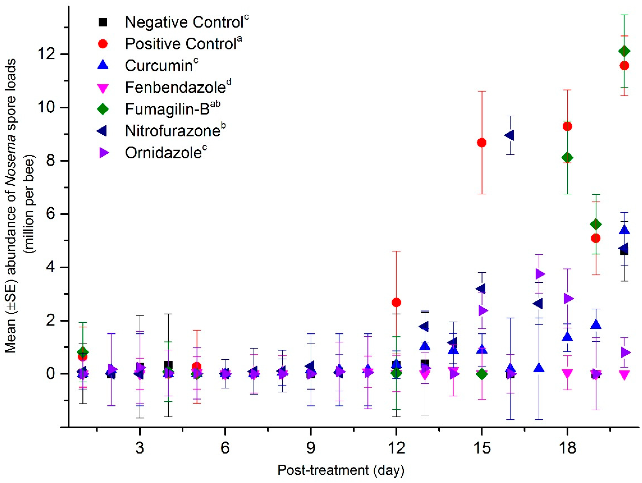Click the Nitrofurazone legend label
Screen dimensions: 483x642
click(x=172, y=131)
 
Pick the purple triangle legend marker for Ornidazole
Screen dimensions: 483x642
click(x=104, y=153)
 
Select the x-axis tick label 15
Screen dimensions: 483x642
click(x=482, y=448)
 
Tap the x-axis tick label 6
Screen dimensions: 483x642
click(x=225, y=448)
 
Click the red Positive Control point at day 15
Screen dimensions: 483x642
click(x=482, y=143)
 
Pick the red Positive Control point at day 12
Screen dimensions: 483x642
click(x=396, y=303)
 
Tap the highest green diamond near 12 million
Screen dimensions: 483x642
click(x=624, y=51)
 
